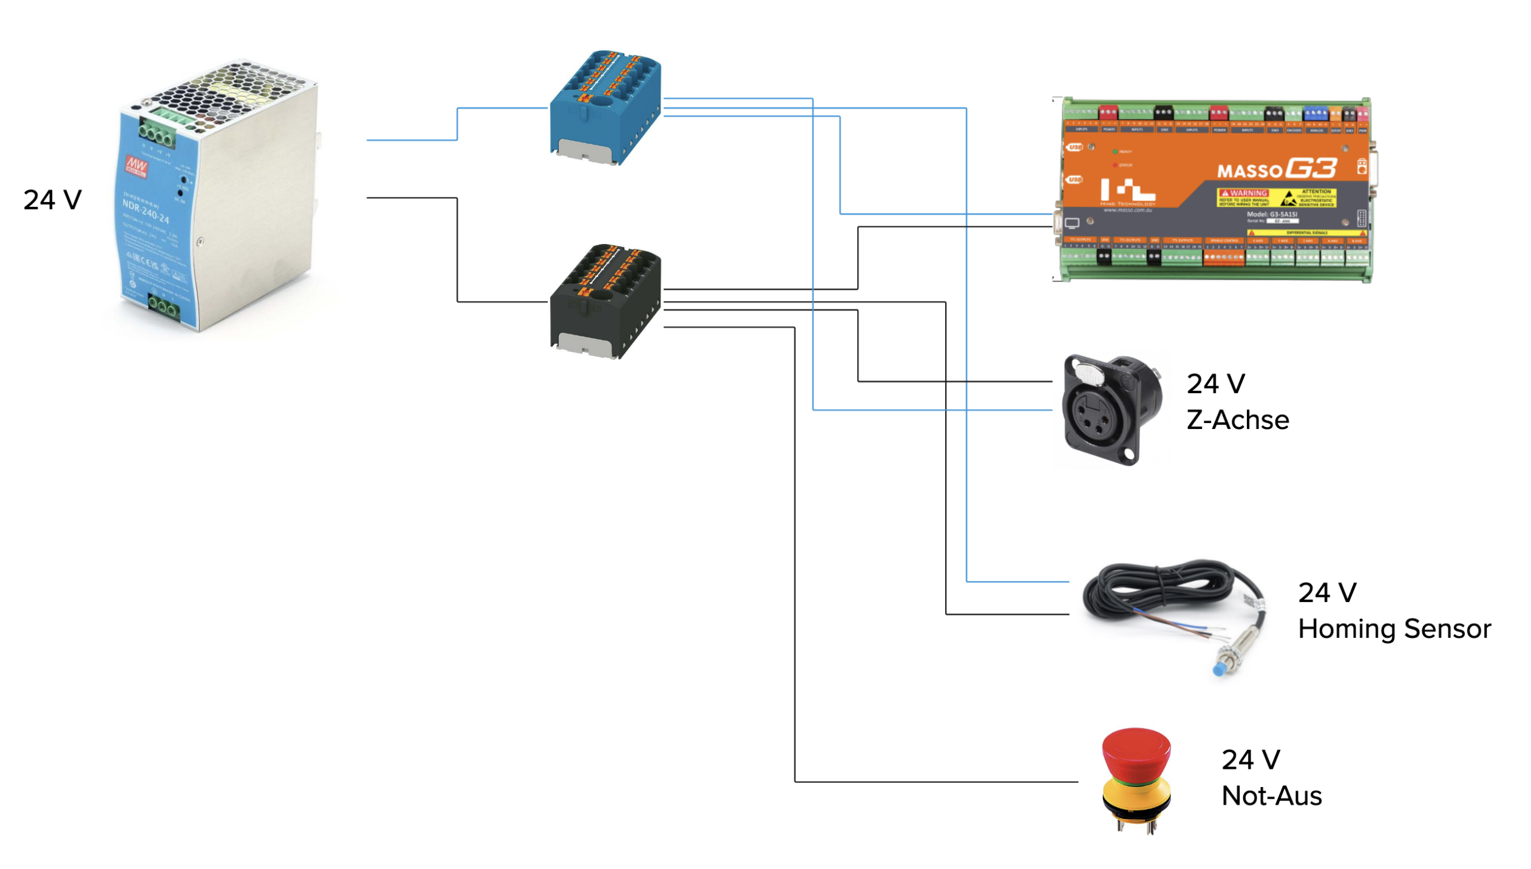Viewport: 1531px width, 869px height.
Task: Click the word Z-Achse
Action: [1237, 420]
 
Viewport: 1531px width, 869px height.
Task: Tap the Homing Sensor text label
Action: [1393, 629]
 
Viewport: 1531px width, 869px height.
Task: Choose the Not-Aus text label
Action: [1271, 796]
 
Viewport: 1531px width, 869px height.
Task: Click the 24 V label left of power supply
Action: [52, 200]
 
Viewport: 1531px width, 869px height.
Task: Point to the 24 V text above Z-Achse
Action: [1215, 384]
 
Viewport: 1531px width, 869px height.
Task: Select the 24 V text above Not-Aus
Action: [1250, 759]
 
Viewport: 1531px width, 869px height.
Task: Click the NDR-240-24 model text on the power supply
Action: [146, 209]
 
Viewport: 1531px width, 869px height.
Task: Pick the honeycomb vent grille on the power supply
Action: [231, 91]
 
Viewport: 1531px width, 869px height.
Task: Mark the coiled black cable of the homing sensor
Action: [1153, 589]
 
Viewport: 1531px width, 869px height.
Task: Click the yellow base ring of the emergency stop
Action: [1135, 792]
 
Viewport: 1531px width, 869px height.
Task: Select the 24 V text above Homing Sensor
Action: [1326, 593]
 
